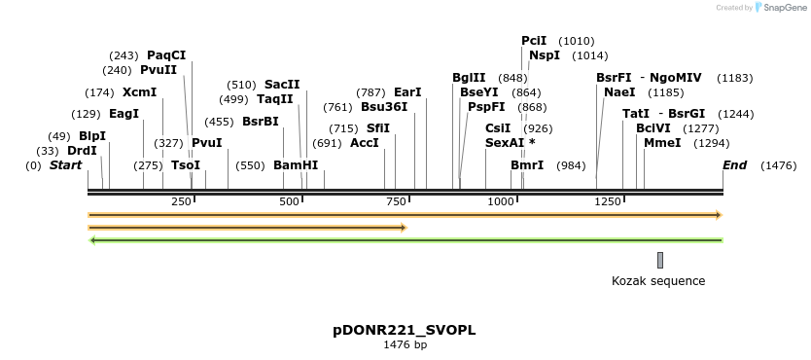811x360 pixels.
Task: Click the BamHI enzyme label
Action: pyautogui.click(x=296, y=165)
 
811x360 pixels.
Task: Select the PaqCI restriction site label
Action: pyautogui.click(x=166, y=55)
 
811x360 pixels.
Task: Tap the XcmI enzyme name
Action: pyautogui.click(x=139, y=92)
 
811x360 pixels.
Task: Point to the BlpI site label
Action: pyautogui.click(x=92, y=136)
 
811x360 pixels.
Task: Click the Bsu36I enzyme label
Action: pyautogui.click(x=384, y=107)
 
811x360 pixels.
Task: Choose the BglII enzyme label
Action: pyautogui.click(x=469, y=78)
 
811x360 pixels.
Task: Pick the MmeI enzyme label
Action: pyautogui.click(x=662, y=143)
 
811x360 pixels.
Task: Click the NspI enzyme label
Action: pyautogui.click(x=545, y=55)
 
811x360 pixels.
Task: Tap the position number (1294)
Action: pyautogui.click(x=711, y=143)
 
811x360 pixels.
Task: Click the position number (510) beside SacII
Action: pyautogui.click(x=242, y=85)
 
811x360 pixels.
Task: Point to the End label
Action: pyautogui.click(x=734, y=165)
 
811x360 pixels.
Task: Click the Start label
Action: pyautogui.click(x=66, y=165)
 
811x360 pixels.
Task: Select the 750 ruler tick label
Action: pyautogui.click(x=396, y=201)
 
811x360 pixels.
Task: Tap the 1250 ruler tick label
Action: pyautogui.click(x=608, y=201)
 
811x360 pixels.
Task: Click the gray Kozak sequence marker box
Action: pyautogui.click(x=660, y=260)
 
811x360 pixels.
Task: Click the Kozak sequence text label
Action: pyautogui.click(x=658, y=281)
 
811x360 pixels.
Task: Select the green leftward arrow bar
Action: pyautogui.click(x=405, y=239)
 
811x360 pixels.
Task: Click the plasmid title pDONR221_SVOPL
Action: pyautogui.click(x=405, y=330)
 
